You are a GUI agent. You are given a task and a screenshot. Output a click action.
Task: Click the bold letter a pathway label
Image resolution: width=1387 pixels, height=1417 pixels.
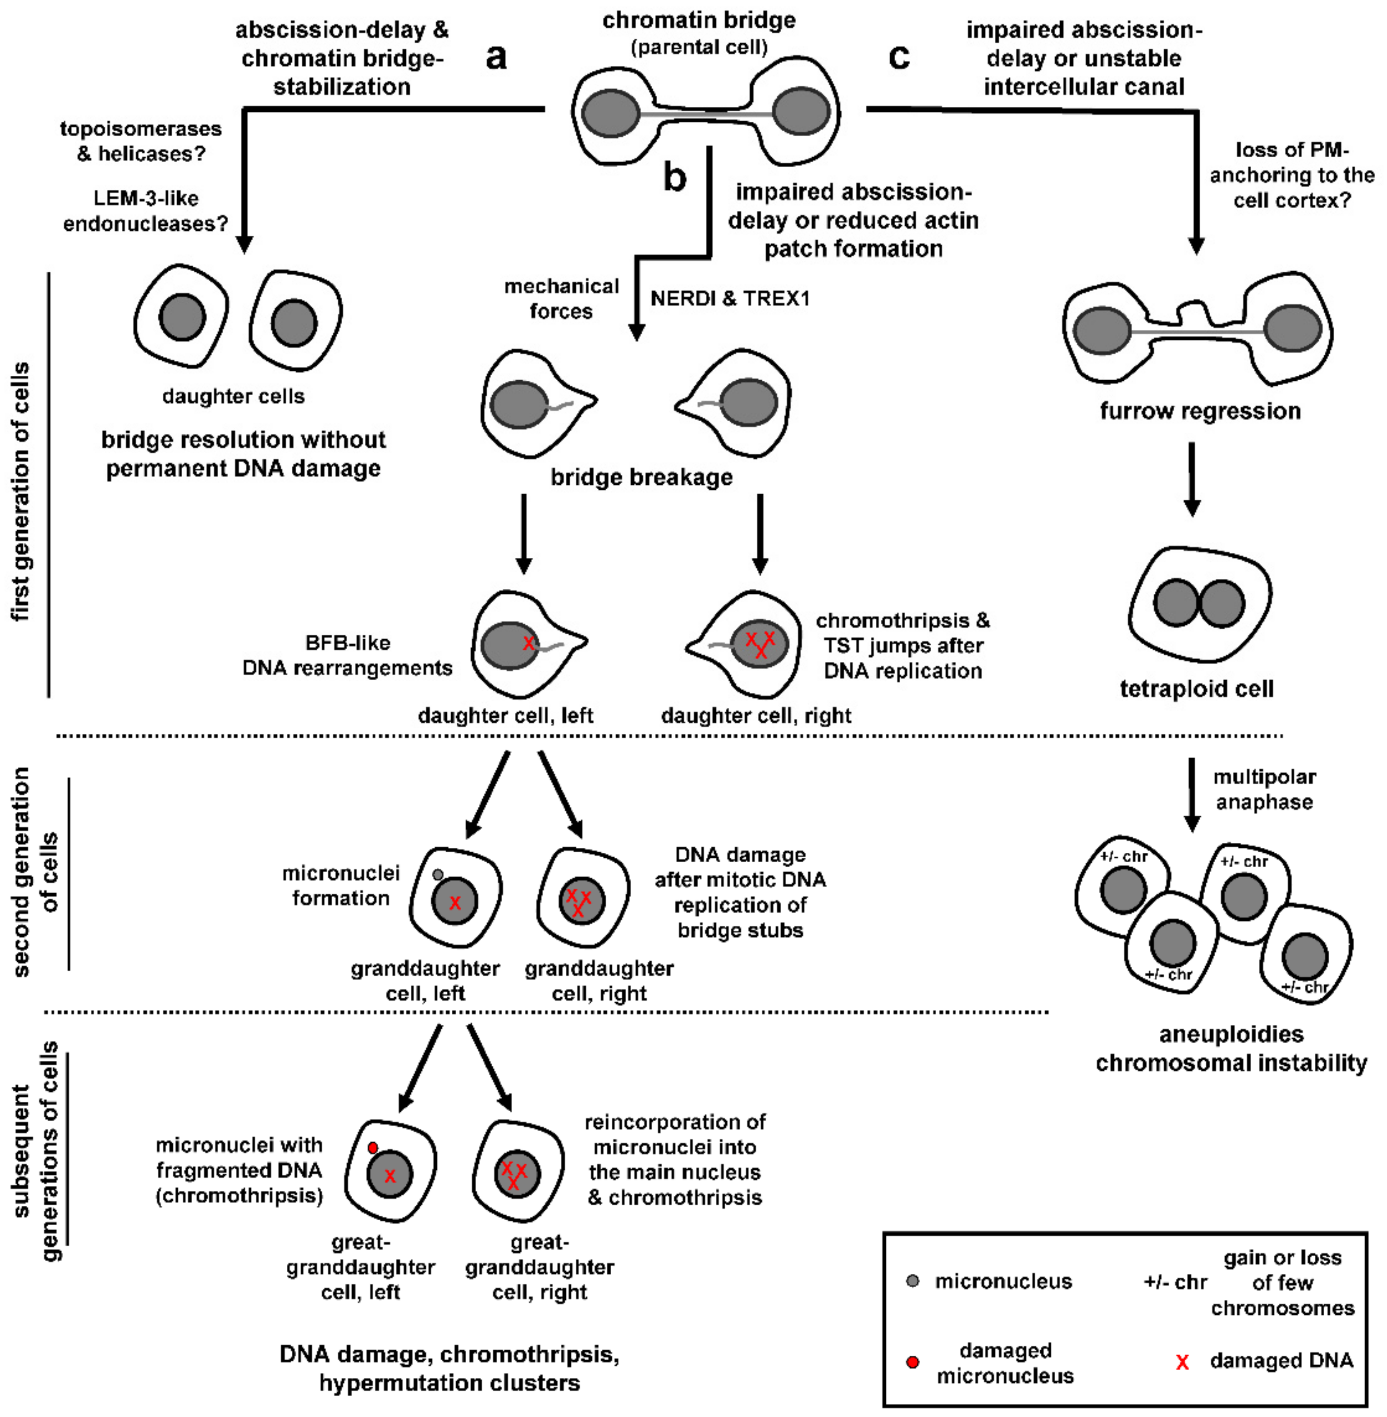[x=496, y=57]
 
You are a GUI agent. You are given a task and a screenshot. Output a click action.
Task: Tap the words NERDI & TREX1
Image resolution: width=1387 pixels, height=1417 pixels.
[x=730, y=298]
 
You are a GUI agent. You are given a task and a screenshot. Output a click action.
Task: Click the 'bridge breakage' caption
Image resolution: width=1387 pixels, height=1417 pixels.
[x=641, y=477]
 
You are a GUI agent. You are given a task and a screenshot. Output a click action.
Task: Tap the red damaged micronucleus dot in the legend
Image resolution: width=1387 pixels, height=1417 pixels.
[x=912, y=1362]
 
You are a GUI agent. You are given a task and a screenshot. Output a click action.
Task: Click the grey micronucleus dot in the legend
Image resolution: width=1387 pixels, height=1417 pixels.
[x=912, y=1281]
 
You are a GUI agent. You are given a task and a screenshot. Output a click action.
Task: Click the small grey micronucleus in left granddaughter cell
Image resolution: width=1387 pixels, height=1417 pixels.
[x=438, y=875]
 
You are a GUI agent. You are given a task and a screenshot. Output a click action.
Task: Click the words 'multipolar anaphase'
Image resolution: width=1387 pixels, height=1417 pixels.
[x=1265, y=789]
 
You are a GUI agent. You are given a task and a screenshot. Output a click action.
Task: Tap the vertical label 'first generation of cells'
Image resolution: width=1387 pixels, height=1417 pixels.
[x=21, y=492]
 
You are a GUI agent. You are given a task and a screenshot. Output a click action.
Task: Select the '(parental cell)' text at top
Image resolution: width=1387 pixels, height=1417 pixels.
[x=698, y=47]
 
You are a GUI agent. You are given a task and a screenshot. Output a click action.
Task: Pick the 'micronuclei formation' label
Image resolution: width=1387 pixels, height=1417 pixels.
[x=341, y=885]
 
